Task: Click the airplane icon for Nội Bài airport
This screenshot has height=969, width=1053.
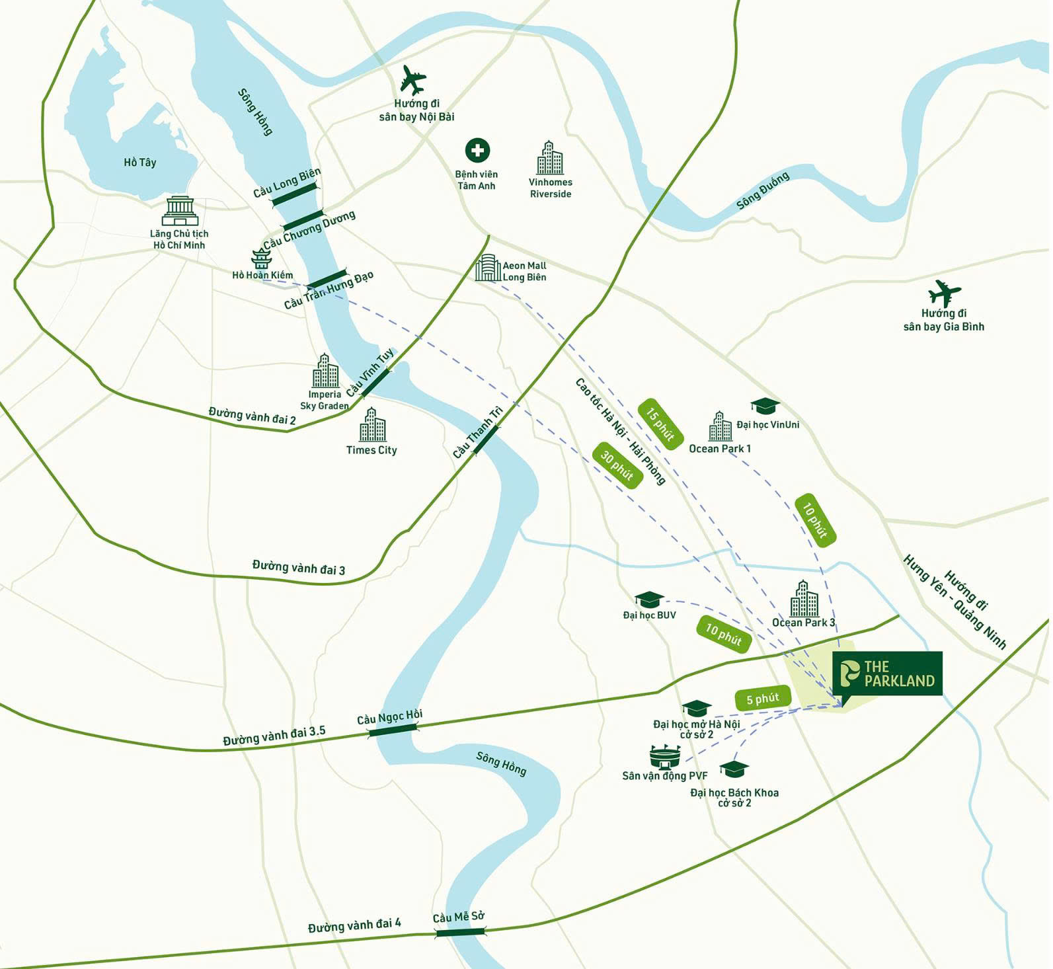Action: coord(413,81)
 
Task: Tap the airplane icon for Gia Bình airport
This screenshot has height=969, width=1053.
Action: coord(944,293)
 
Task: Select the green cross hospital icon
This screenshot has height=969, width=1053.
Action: coord(477,151)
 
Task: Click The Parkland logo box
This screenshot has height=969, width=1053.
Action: coord(888,674)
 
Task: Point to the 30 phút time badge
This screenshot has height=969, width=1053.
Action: coord(617,465)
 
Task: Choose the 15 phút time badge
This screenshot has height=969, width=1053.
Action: coord(660,424)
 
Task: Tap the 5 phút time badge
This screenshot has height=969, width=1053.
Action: coord(763,699)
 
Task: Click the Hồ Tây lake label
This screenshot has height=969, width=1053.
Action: coord(140,163)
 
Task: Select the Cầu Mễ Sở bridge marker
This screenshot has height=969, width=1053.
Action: coord(460,931)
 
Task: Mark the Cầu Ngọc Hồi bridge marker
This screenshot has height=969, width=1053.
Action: coord(393,730)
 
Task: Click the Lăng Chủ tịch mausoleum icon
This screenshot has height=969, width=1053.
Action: coord(180,211)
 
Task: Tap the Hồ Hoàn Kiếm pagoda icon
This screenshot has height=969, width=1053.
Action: coord(261,258)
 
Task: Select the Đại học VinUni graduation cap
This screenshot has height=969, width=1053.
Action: coord(765,406)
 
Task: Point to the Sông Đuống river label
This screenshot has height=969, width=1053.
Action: coord(763,192)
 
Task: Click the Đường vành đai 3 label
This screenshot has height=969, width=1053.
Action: coord(299,568)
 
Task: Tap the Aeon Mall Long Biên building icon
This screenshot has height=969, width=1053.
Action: coord(487,268)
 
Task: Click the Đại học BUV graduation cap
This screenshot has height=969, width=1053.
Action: coord(649,600)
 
